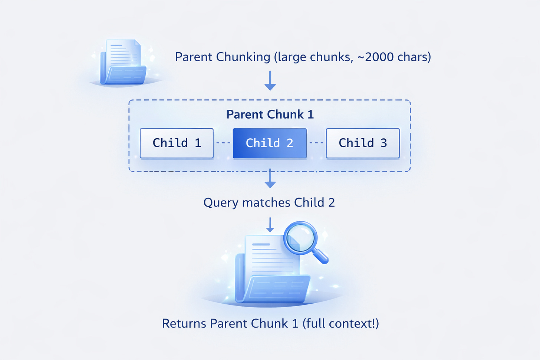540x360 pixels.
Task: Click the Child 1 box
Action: click(177, 143)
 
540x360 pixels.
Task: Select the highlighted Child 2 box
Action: click(270, 143)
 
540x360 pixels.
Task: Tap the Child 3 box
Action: click(363, 143)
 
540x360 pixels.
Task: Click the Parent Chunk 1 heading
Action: click(270, 115)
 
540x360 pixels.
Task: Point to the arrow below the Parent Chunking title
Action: click(270, 81)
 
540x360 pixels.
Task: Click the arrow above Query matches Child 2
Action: click(270, 179)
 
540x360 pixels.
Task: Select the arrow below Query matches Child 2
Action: click(270, 225)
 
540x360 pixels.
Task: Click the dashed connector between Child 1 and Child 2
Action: click(223, 143)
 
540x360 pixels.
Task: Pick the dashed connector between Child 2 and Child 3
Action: click(316, 143)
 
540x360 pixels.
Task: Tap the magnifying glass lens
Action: click(300, 238)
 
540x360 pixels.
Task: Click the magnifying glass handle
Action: click(320, 255)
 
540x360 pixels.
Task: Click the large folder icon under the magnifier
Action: click(273, 274)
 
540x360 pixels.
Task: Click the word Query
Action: click(221, 203)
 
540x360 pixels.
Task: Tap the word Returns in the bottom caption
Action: click(184, 324)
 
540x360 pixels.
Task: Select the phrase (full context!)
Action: click(341, 324)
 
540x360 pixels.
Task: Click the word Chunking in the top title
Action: click(243, 57)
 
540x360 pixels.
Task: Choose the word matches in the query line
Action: click(266, 203)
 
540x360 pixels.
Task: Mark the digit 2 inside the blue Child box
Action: click(290, 143)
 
